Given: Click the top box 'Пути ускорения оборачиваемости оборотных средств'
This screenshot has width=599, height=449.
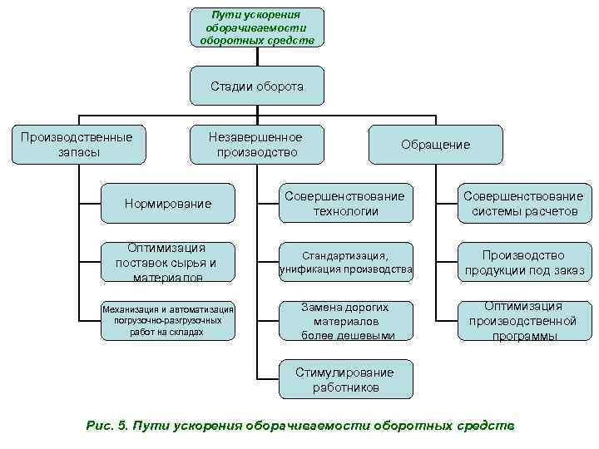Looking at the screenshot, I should [257, 27].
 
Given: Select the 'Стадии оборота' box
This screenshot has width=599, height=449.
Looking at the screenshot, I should [257, 86].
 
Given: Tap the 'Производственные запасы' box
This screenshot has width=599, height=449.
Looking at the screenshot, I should [77, 144].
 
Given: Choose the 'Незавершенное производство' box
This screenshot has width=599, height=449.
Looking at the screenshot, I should [257, 144].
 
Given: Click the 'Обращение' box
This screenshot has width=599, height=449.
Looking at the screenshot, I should [435, 145].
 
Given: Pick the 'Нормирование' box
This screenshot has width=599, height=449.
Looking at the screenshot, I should [167, 204].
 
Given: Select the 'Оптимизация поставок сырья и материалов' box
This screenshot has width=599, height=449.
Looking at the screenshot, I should [167, 262].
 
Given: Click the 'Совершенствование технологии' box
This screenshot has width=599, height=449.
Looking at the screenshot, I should [345, 204].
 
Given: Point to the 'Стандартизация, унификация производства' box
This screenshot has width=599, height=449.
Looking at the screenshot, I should [345, 262].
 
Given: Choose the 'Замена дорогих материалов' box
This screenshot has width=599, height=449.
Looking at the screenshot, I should [345, 320].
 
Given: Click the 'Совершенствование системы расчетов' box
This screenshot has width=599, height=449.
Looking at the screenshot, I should [523, 204].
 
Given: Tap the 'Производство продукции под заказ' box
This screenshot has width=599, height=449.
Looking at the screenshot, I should [523, 262].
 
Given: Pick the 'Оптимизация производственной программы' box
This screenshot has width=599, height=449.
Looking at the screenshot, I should [523, 320].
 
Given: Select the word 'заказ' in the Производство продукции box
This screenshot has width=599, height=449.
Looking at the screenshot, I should [567, 270].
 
